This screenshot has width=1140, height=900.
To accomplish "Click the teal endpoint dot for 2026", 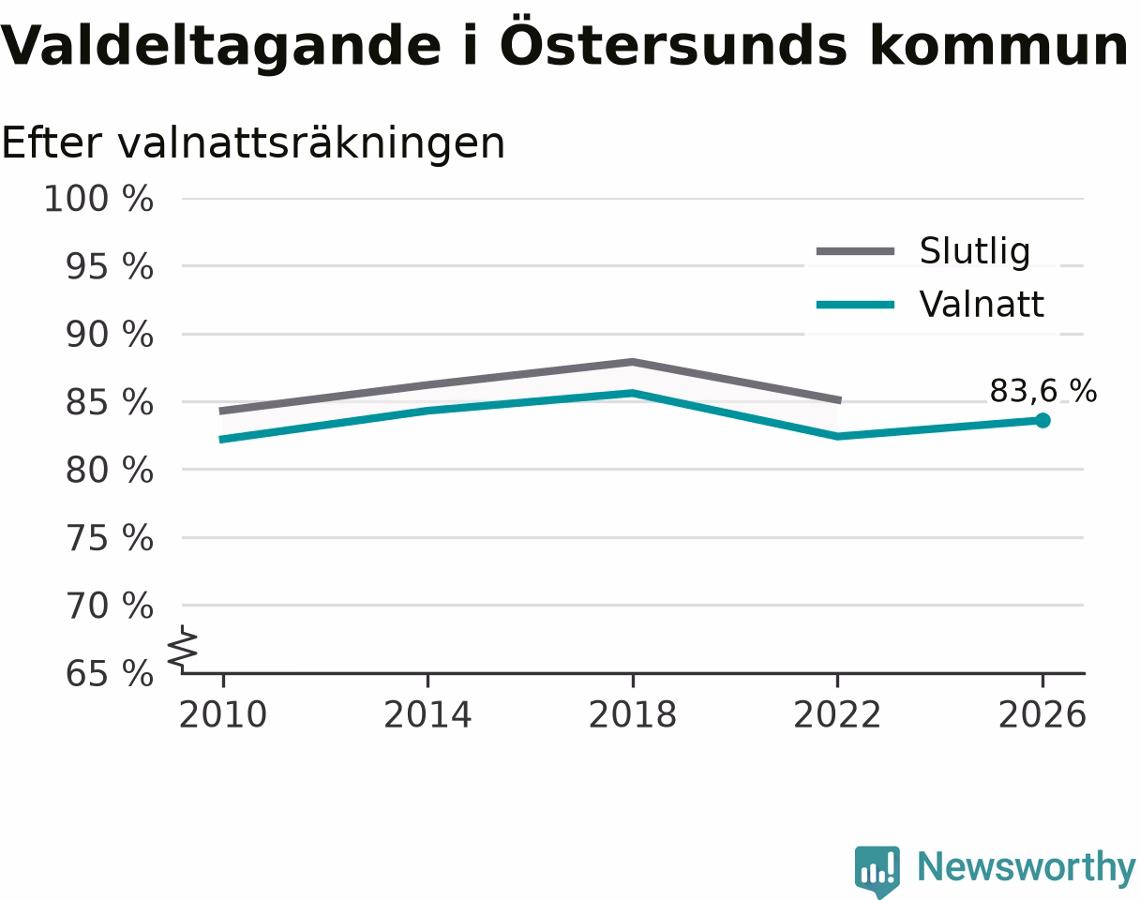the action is (x=1042, y=421).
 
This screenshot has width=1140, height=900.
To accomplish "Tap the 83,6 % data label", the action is (x=1043, y=392).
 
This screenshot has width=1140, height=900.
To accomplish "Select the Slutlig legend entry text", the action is (x=975, y=251).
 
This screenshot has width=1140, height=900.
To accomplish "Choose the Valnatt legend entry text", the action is (x=982, y=305).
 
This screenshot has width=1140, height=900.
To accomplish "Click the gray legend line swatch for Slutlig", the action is (x=855, y=251).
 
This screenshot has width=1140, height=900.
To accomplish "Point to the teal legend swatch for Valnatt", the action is (x=855, y=305).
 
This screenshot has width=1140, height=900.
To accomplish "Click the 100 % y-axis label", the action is (x=98, y=199).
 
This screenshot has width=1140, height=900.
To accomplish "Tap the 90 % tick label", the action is (x=109, y=335).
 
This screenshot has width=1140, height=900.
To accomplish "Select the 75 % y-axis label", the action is (x=109, y=538).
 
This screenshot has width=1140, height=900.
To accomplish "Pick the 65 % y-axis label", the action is (x=109, y=674).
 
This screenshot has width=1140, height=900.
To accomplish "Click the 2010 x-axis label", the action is (x=223, y=714).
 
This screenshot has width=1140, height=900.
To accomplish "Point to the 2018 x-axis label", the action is (x=633, y=714).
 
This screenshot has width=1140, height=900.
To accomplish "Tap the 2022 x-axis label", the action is (x=837, y=714).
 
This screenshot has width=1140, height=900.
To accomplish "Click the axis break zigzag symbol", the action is (x=183, y=645).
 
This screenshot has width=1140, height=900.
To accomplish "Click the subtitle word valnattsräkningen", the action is (x=311, y=143).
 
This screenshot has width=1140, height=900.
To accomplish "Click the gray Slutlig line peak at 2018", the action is (x=633, y=362).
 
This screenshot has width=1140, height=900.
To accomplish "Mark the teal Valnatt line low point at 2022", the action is (x=837, y=437).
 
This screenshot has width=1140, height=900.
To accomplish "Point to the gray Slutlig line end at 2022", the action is (x=840, y=400).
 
